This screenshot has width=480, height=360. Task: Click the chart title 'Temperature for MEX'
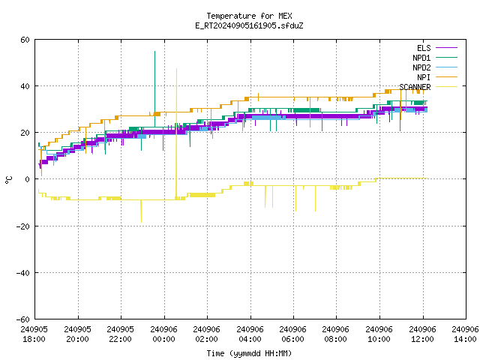click(249, 16)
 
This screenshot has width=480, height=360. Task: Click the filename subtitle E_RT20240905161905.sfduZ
click(249, 25)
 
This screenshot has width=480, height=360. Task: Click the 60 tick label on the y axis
click(25, 40)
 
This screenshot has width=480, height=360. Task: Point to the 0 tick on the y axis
click(28, 179)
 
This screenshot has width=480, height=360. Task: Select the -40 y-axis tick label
click(23, 272)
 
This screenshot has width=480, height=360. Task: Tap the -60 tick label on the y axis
click(23, 319)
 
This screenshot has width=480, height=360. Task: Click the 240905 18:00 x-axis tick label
click(34, 334)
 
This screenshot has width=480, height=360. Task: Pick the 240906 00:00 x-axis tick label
click(163, 334)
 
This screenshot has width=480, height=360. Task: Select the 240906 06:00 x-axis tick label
click(293, 334)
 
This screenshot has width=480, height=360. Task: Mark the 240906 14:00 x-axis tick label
click(465, 334)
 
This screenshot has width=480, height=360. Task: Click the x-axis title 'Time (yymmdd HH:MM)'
click(249, 353)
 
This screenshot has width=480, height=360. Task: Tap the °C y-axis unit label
click(9, 180)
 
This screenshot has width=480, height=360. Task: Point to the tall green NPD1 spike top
click(155, 52)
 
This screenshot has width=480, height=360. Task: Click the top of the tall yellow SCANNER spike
click(176, 68)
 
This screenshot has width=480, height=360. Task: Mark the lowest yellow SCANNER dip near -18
click(141, 222)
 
